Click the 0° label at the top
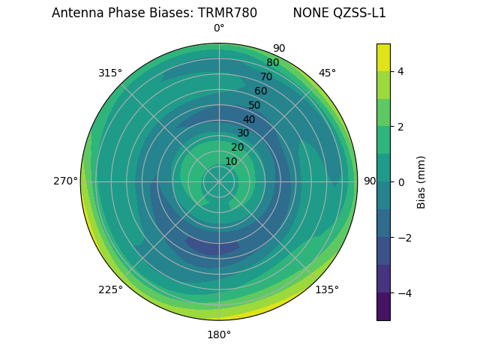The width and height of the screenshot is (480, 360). (x=219, y=28)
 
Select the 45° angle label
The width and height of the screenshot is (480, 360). (x=328, y=73)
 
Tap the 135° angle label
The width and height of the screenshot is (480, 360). (x=327, y=289)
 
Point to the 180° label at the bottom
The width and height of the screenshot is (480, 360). (x=219, y=334)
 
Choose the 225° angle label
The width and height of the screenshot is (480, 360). (x=110, y=289)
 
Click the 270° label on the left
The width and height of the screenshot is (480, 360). (x=65, y=181)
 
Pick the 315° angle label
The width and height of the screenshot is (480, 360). (x=110, y=73)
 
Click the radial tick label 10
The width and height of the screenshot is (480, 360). (x=231, y=161)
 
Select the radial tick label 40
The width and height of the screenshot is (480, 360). (x=249, y=119)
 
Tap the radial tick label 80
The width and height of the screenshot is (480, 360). (x=272, y=62)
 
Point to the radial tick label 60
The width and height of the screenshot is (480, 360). (x=260, y=91)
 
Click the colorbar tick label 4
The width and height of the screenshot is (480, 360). (x=401, y=71)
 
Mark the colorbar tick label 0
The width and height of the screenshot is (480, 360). (x=401, y=182)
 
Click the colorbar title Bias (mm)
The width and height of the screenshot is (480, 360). (x=421, y=182)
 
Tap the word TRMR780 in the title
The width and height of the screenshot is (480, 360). (x=227, y=13)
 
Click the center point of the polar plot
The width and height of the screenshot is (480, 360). (x=219, y=181)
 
